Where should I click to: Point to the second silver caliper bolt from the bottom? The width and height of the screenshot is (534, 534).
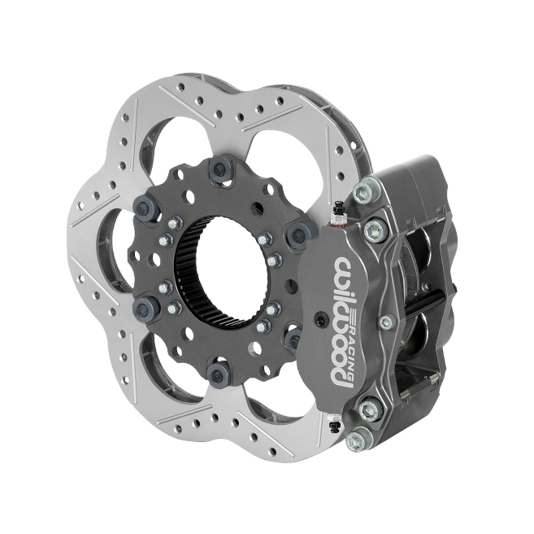pos(370,409)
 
